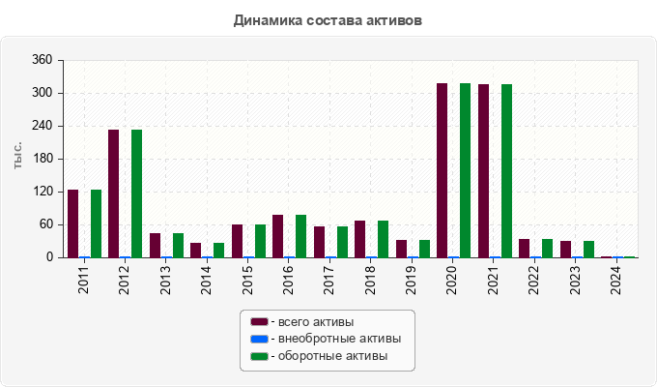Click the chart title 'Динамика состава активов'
328,19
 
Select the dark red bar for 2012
113,193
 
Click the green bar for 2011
96,223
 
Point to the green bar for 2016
300,236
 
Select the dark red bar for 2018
359,239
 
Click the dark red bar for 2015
237,241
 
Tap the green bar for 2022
547,248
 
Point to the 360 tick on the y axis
42,60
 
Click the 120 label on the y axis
42,192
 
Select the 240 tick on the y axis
42,126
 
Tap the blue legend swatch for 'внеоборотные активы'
258,339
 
